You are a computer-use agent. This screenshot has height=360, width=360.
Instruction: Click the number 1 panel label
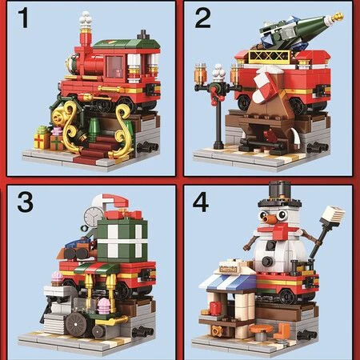coord(24,18)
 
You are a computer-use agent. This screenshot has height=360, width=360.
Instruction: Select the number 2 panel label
coord(202,18)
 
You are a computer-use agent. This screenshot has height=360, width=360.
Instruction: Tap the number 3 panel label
coord(26,202)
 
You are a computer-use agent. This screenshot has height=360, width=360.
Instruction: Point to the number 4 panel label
coord(201,202)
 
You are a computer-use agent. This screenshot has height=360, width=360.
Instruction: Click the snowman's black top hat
coord(279,194)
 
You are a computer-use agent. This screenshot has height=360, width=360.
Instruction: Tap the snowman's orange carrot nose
coord(269,218)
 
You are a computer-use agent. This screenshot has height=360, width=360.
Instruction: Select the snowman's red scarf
coord(278,230)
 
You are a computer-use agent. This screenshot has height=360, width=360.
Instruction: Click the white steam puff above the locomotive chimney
coord(86,19)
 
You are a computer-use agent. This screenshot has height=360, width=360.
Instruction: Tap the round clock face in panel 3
coord(93,218)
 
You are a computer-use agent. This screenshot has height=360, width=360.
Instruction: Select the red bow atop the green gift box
coord(123,214)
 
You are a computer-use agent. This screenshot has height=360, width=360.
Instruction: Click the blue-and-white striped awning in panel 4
coord(229,282)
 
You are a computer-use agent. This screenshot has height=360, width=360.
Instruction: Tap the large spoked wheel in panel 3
coord(76,325)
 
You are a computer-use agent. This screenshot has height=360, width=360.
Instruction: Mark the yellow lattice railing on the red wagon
coord(270,57)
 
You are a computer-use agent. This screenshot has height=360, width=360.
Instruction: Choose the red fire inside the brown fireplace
coord(269,135)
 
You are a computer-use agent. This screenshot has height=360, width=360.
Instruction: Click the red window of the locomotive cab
coord(115,67)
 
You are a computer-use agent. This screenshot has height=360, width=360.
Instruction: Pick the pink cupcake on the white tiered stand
coord(57,278)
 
